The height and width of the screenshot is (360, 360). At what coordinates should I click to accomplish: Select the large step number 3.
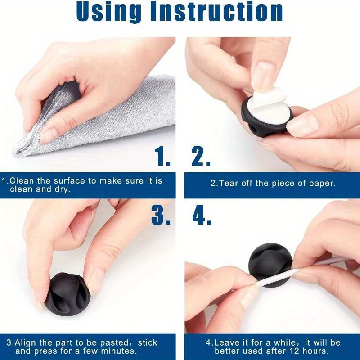[161, 215]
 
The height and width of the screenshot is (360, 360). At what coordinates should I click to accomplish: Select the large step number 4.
[202, 215]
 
